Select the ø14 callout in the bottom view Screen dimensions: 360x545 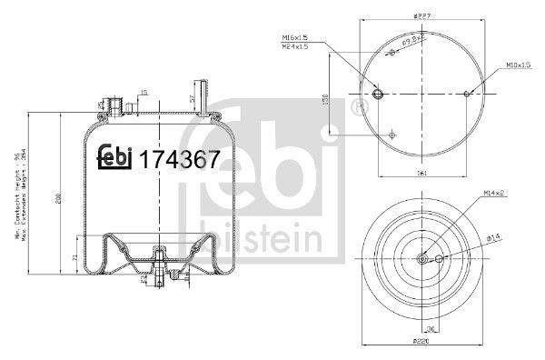click(494, 238)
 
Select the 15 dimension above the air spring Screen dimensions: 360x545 click(143, 92)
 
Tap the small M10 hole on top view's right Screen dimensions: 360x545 click(466, 93)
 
